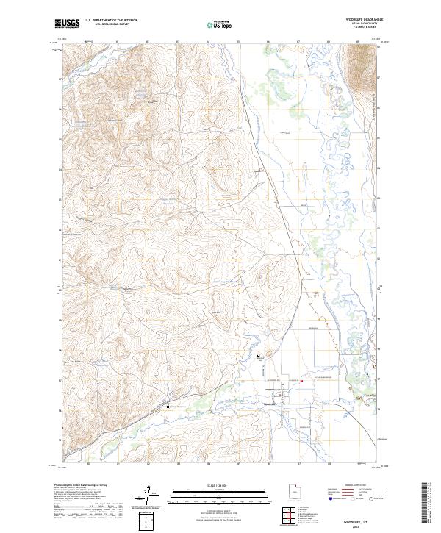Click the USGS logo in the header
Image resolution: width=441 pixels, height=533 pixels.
tap(68, 24)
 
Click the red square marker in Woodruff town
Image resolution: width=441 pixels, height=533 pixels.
tap(301, 381)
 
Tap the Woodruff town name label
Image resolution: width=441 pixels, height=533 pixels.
tap(270, 404)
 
